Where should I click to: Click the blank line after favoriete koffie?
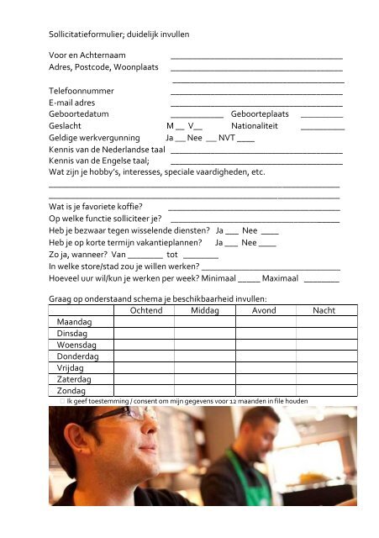(254, 207)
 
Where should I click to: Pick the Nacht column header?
(324, 311)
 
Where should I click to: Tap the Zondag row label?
(71, 391)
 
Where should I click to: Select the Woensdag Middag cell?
(205, 345)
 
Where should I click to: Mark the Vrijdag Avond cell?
(264, 368)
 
